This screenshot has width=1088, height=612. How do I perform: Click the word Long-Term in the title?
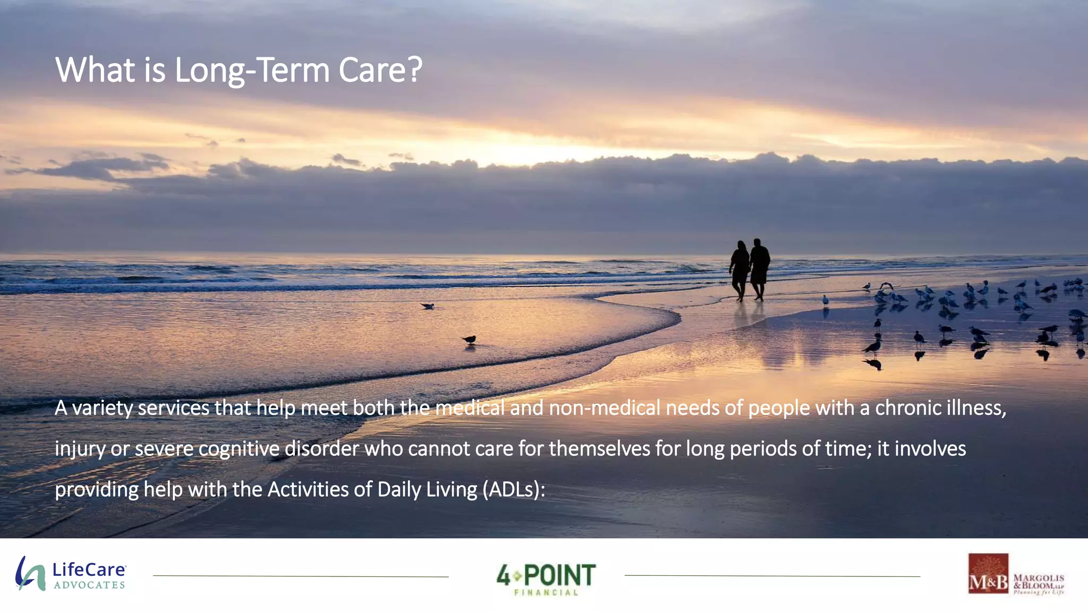(252, 70)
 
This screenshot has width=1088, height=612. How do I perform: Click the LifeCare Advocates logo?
(71, 574)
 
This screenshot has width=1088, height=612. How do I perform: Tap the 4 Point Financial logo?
(546, 579)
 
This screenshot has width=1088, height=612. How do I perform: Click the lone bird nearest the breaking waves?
(428, 305)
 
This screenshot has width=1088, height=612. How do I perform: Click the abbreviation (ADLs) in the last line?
(514, 490)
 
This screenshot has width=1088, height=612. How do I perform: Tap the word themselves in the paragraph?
(599, 449)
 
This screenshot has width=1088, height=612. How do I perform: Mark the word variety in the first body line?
(102, 409)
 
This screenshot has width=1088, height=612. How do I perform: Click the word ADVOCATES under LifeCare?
(89, 585)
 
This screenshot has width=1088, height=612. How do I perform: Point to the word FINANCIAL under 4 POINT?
(546, 592)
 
